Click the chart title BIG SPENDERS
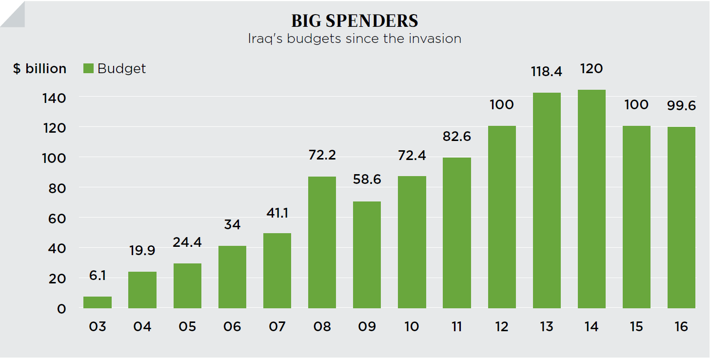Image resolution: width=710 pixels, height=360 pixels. [355, 21]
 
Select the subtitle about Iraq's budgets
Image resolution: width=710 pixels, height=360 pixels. [355, 39]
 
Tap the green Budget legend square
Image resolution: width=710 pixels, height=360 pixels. [88, 68]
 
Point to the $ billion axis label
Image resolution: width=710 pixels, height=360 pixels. [39, 69]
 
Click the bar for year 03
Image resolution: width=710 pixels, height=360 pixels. [98, 302]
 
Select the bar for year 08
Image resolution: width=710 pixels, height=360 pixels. [322, 242]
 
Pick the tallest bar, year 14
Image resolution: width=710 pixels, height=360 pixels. [592, 199]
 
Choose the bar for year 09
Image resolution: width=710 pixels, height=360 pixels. [367, 255]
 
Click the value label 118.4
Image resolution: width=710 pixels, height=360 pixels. [547, 72]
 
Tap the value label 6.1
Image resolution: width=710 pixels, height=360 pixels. [98, 276]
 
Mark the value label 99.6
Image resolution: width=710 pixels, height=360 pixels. [681, 106]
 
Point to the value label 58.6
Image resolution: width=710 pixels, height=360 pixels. [367, 180]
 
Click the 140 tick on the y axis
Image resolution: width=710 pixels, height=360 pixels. [55, 98]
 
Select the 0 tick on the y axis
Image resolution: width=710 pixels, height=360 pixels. [61, 309]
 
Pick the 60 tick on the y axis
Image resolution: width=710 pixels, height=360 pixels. [57, 218]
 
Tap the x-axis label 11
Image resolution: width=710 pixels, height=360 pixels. [456, 326]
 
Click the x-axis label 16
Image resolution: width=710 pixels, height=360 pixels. [681, 326]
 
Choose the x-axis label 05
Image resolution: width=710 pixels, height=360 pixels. [187, 326]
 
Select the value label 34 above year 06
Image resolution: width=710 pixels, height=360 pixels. [232, 225]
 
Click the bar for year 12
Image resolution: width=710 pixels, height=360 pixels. [502, 217]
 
